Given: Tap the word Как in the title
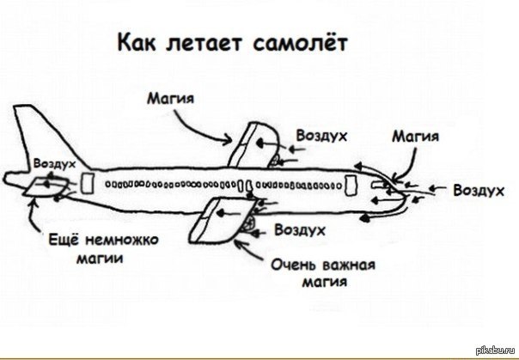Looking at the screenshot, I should pos(137,42).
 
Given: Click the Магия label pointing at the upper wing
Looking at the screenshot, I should pos(168,99).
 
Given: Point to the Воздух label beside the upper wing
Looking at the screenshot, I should pos(321,136).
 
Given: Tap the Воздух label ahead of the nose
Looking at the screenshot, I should pos(477,190).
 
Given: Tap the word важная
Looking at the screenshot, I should pos(346,265).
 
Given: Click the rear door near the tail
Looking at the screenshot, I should pos(87,183).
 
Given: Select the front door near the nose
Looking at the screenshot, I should pos(351,185).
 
